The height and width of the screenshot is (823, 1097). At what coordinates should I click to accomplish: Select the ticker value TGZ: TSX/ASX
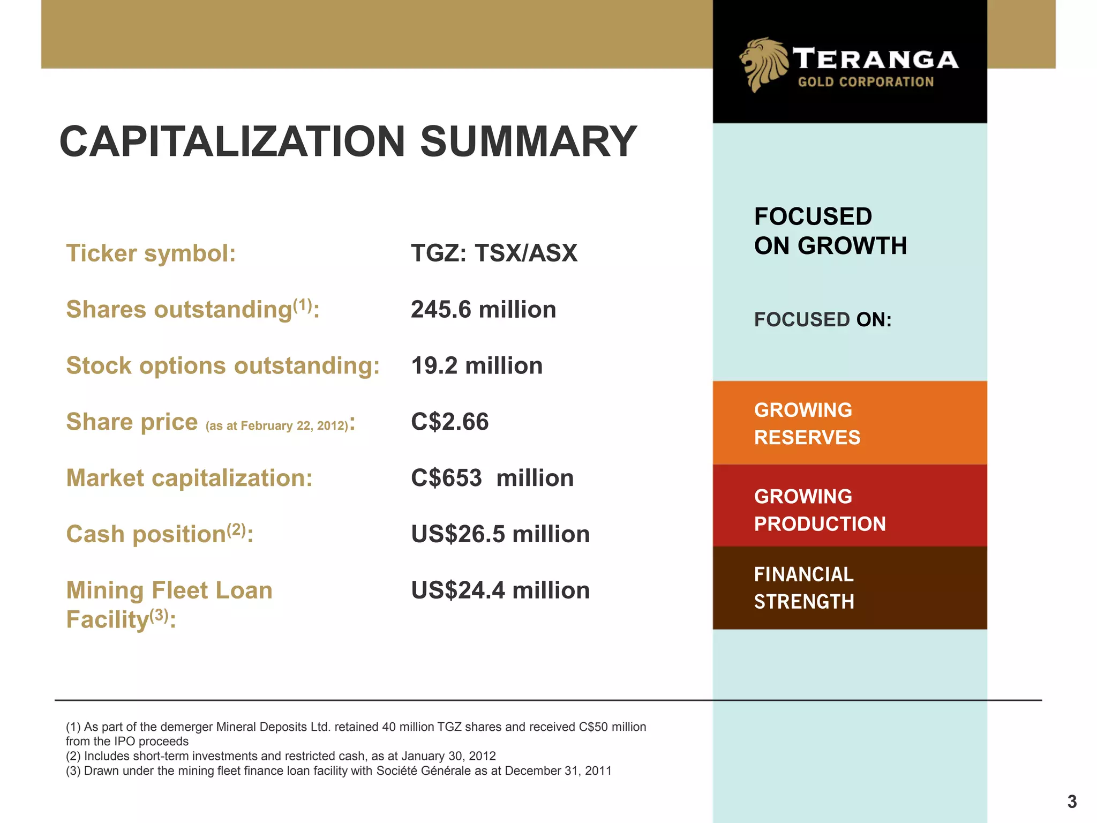(494, 253)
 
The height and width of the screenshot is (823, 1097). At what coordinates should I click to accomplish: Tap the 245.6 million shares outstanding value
(483, 310)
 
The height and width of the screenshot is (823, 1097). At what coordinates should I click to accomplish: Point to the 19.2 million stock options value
(477, 366)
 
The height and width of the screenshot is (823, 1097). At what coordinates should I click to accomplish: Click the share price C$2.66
(449, 422)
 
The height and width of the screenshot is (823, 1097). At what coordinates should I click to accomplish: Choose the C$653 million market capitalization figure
(492, 478)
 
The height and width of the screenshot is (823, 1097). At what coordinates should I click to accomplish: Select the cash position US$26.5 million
(500, 534)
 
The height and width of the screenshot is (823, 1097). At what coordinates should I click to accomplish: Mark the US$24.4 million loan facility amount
(500, 590)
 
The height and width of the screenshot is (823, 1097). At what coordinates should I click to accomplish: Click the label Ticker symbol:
(151, 253)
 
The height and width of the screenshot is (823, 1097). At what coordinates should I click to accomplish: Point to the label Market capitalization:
(189, 478)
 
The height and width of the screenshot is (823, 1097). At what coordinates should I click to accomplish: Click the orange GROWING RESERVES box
(850, 423)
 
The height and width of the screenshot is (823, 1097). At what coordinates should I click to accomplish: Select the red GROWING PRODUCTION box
(850, 506)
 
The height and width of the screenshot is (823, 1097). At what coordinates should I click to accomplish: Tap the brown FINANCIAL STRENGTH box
(850, 588)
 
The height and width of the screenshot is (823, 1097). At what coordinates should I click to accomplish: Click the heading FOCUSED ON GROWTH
(830, 231)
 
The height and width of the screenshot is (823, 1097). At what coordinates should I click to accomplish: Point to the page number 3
(1072, 802)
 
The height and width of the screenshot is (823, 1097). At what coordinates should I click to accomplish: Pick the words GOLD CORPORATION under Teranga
(866, 82)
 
